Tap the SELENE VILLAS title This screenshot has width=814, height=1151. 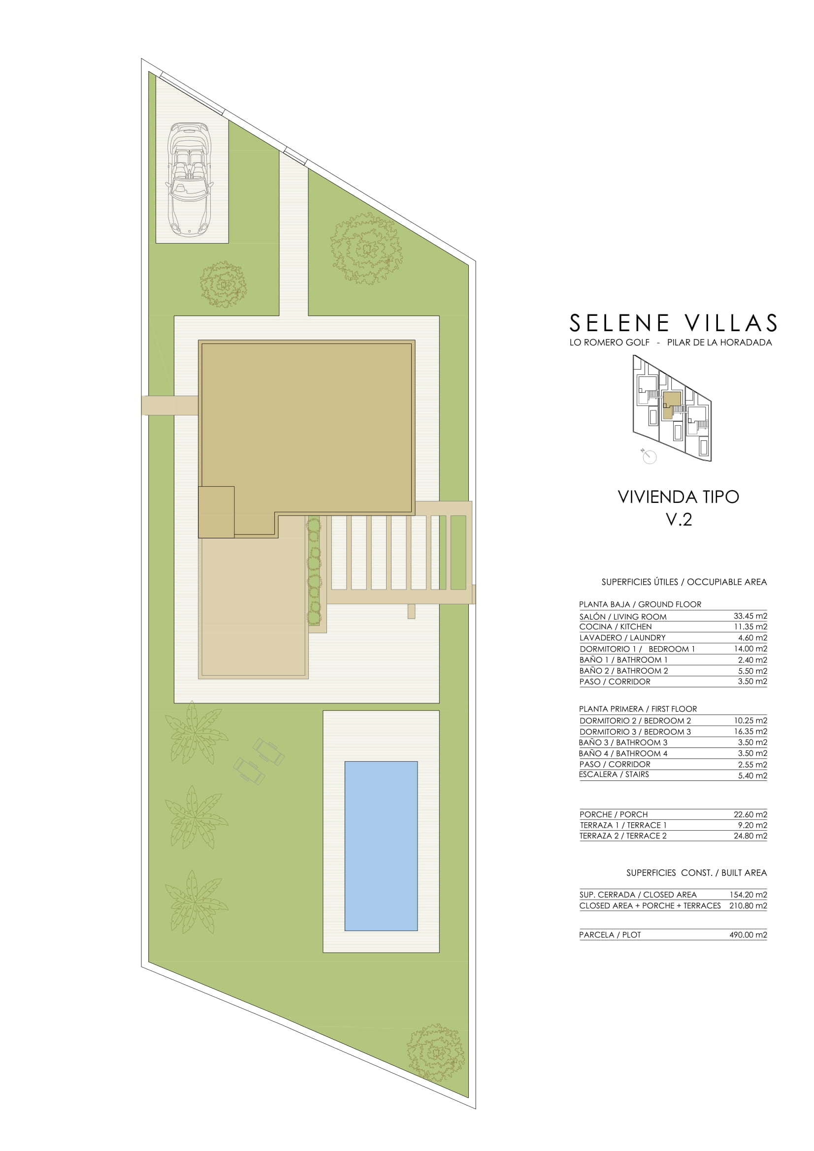coord(673,323)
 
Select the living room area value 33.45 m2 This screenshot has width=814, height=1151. coord(750,616)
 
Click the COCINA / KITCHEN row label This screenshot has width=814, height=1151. coord(616,626)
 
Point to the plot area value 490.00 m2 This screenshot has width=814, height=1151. coord(749,934)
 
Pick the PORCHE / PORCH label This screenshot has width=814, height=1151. coord(614,814)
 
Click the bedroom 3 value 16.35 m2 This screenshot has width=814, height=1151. coord(750,731)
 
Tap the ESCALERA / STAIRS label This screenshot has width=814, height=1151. coord(614,775)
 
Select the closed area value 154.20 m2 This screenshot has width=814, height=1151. coord(749,894)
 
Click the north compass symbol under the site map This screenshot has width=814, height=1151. coord(649,456)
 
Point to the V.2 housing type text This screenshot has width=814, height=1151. coord(679,519)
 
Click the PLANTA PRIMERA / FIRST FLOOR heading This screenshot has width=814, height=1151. coord(638,709)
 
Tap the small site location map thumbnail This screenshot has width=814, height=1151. coord(672,408)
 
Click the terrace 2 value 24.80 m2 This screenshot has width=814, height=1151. coord(750,836)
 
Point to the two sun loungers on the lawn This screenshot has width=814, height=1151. coord(259,760)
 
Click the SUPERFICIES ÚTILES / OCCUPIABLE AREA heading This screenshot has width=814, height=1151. coord(684,582)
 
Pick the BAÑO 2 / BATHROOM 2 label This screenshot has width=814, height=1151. coord(624,671)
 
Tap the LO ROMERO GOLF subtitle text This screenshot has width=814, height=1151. coord(609,342)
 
